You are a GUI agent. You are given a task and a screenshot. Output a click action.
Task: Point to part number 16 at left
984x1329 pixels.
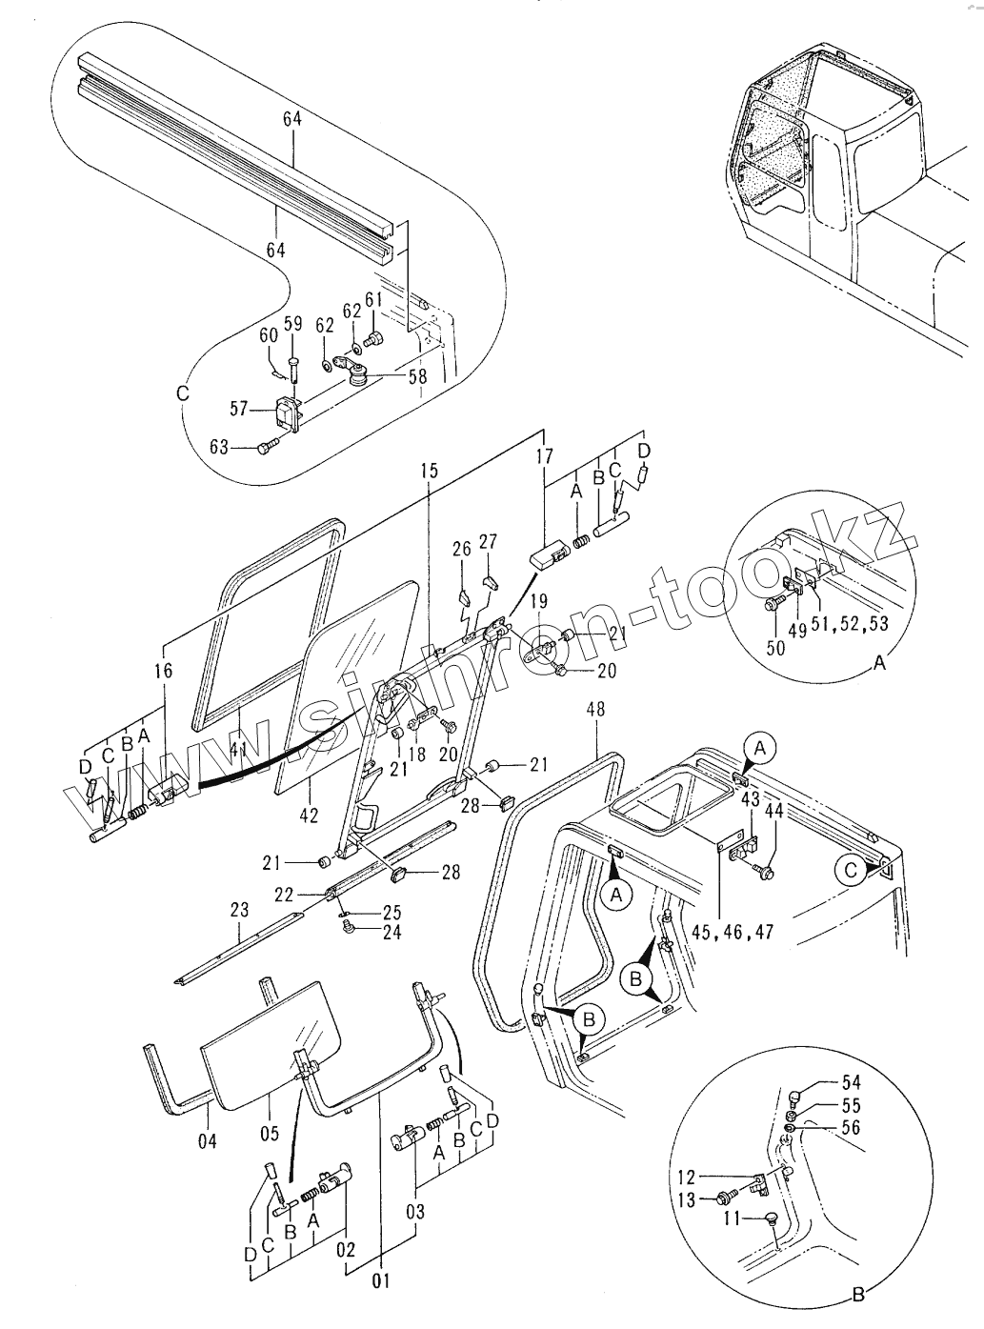coord(163,671)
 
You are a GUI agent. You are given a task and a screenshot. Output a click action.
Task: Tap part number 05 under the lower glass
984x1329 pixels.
coord(270,1133)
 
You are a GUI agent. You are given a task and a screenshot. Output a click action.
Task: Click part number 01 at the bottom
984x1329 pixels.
coord(381,1280)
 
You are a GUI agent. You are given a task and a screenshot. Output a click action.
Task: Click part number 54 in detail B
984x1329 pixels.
coord(850,1082)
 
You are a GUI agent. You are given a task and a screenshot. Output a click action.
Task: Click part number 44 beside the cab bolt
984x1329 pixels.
coord(773,811)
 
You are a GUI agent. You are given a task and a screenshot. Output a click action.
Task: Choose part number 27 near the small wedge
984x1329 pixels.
coord(488,542)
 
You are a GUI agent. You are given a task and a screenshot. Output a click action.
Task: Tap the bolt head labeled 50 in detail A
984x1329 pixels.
coord(773,603)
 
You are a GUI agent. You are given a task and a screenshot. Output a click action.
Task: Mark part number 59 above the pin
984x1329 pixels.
coord(293,324)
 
